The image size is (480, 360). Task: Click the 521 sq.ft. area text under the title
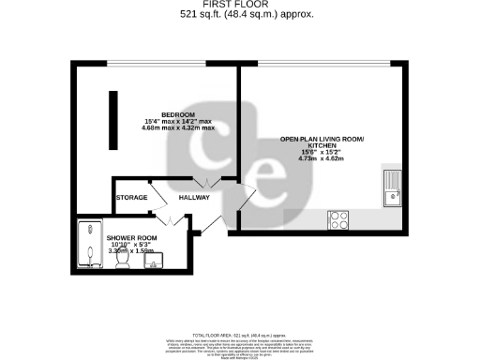[x=239, y=15]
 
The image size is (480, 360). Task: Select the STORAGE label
[x=131, y=198]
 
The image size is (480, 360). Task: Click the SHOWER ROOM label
[x=131, y=238]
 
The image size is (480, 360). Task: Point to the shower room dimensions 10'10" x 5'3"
[x=131, y=245]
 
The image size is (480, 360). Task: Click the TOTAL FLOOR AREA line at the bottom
[x=239, y=335]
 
